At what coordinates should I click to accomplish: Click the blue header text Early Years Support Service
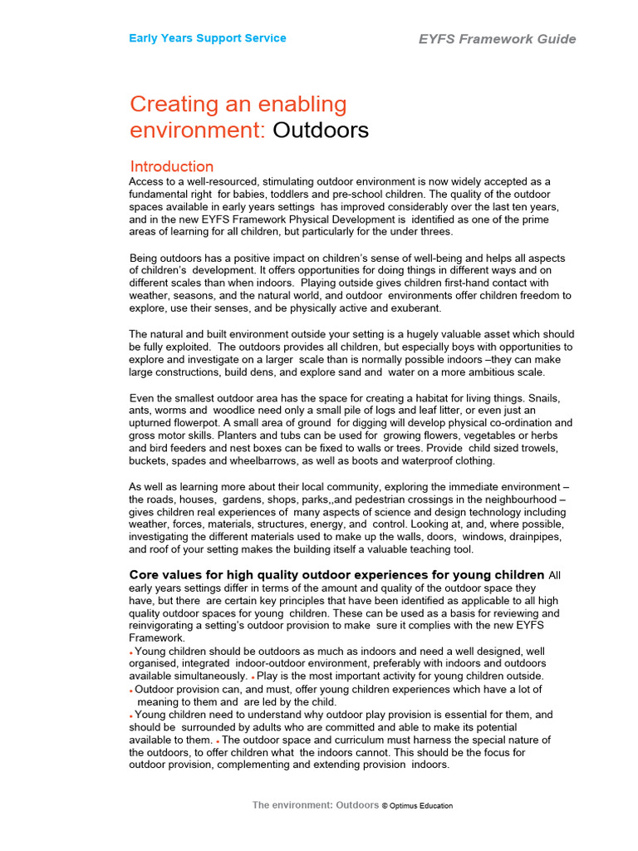pyautogui.click(x=207, y=38)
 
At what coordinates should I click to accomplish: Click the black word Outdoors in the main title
pyautogui.click(x=321, y=130)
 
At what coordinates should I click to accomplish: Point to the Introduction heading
pyautogui.click(x=172, y=166)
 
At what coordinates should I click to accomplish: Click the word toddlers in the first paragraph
pyautogui.click(x=304, y=194)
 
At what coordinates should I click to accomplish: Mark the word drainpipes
pyautogui.click(x=526, y=537)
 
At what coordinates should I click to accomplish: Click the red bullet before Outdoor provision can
pyautogui.click(x=131, y=691)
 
